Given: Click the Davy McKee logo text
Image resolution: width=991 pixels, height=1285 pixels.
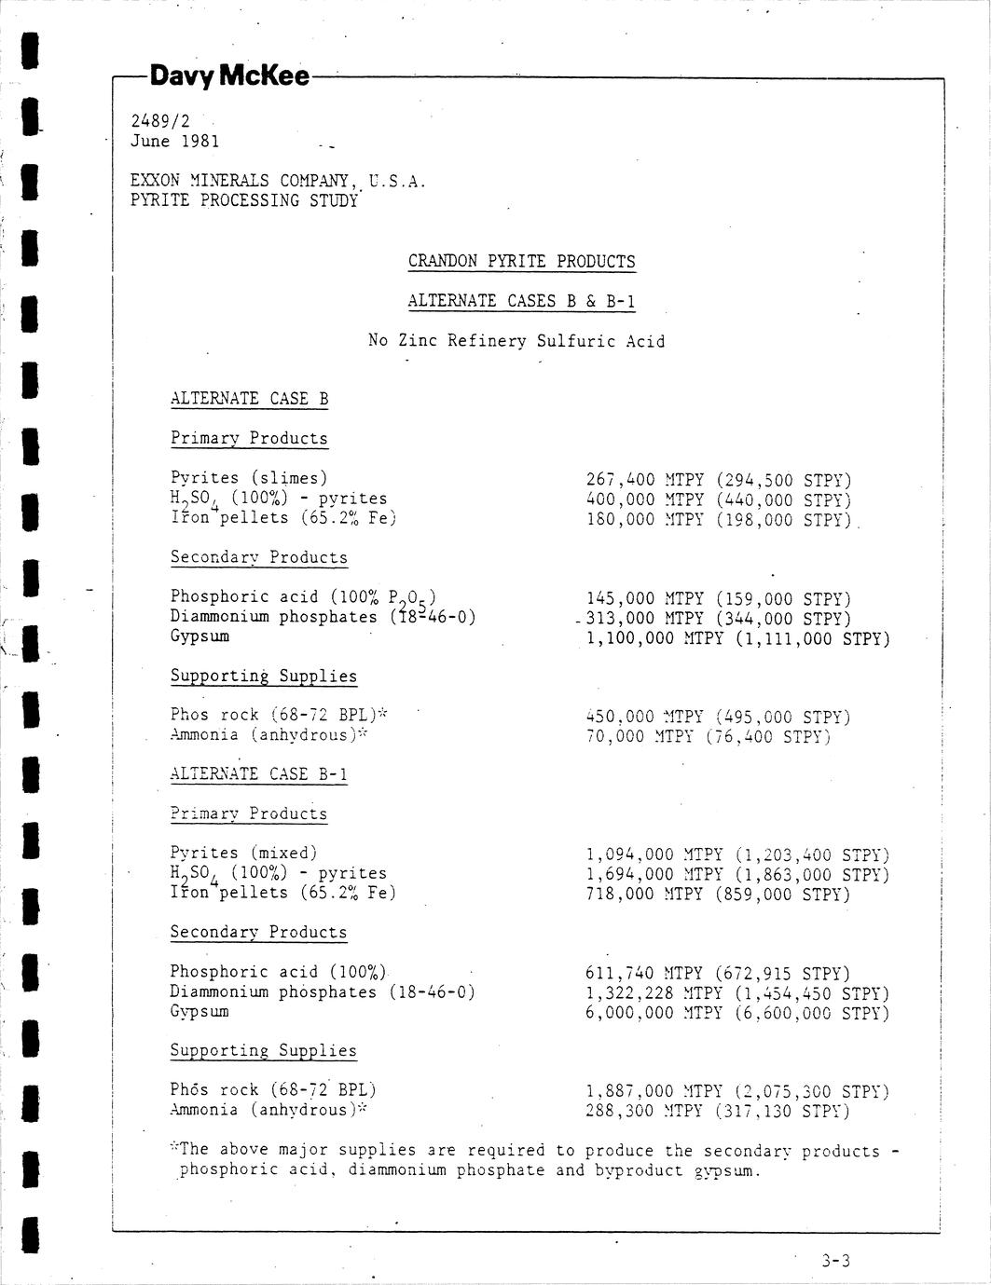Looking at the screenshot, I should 228,76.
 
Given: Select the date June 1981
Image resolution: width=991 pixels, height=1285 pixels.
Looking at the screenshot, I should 175,141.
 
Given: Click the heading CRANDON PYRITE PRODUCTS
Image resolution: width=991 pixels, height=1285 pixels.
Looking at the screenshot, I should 521,262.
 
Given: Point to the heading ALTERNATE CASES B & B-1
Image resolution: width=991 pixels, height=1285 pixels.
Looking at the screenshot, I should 521,301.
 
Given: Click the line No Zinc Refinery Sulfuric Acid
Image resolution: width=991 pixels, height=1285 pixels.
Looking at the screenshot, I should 516,341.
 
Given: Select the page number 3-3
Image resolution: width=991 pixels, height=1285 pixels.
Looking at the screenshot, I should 836,1262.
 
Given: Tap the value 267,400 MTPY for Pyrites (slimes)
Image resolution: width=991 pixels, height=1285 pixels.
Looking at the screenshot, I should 644,480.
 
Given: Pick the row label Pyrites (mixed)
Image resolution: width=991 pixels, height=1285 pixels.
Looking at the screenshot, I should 244,853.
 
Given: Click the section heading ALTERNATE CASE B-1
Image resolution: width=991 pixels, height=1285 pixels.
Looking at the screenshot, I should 258,773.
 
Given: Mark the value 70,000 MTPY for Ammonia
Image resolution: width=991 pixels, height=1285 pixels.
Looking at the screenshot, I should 640,736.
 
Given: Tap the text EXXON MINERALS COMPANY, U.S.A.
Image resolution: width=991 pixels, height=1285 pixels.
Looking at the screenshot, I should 278,181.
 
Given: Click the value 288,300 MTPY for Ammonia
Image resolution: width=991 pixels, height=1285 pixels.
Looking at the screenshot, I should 644,1111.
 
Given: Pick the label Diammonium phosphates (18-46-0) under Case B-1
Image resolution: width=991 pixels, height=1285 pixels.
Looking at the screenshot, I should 322,992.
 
